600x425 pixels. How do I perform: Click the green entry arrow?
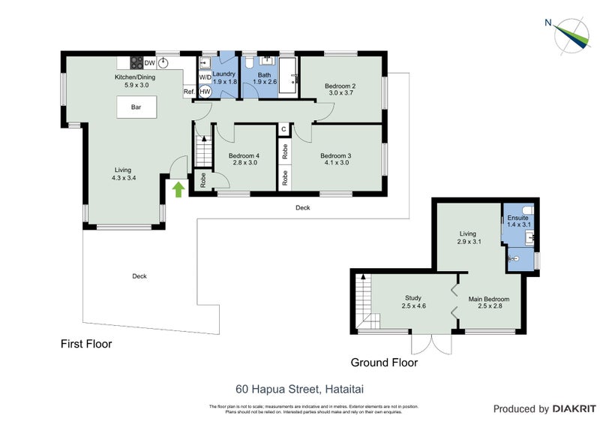[x=178, y=189]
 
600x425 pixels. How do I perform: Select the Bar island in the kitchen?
[x=136, y=107]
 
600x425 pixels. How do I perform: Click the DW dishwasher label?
[x=149, y=63]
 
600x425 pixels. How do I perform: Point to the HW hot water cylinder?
[x=205, y=91]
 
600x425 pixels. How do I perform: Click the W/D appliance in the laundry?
[x=205, y=77]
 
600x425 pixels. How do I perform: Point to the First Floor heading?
[x=85, y=345]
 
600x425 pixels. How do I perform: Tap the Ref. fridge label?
[x=189, y=92]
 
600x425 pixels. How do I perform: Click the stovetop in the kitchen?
[x=136, y=63]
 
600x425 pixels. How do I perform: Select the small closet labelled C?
[x=283, y=129]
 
